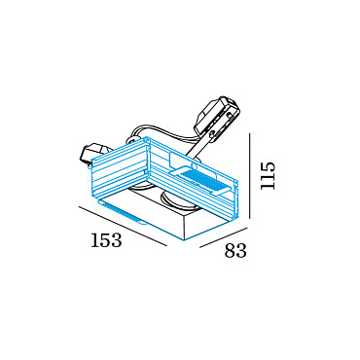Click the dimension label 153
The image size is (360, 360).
106,240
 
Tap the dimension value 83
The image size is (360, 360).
235,250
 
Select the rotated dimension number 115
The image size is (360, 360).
269,175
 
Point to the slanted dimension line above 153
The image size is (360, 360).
123,226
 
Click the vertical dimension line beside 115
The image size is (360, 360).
250,175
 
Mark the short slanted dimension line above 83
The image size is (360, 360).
222,237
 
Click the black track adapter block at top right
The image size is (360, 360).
217,118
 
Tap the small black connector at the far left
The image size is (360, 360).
91,156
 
